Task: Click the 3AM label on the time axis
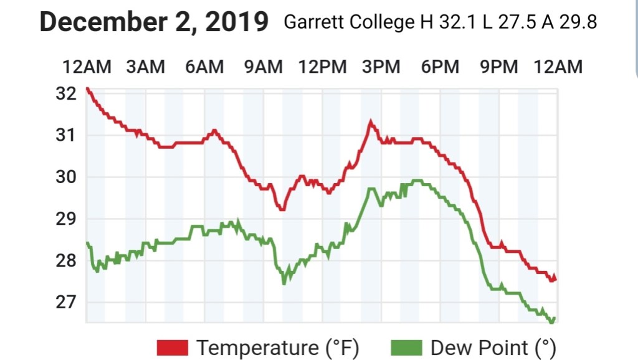pyautogui.click(x=145, y=66)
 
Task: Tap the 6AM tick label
pyautogui.click(x=204, y=66)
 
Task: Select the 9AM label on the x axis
pyautogui.click(x=264, y=66)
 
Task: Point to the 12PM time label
pyautogui.click(x=322, y=66)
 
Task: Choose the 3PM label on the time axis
pyautogui.click(x=381, y=66)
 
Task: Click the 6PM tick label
pyautogui.click(x=440, y=66)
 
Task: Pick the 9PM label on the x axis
pyautogui.click(x=499, y=66)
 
